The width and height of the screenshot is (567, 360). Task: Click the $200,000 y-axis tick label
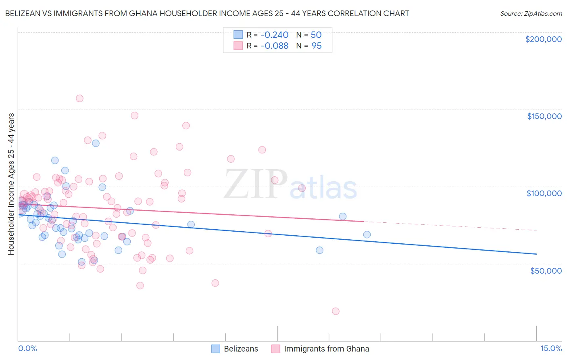click(543, 39)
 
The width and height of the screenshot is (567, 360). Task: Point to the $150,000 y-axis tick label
click(544, 116)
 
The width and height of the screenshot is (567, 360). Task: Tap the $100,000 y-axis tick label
click(544, 193)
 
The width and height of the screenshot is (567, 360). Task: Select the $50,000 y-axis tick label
click(546, 271)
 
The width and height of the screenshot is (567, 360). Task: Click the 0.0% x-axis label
click(27, 349)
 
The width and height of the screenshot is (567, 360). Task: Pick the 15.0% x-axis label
click(551, 349)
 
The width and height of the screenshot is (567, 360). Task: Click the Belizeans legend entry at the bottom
click(241, 349)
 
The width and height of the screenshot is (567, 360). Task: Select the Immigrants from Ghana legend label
click(326, 349)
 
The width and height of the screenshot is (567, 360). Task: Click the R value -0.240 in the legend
click(274, 35)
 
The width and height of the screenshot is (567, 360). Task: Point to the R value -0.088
click(274, 46)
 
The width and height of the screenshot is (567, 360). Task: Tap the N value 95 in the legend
click(317, 46)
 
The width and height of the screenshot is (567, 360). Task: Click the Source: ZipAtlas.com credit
click(531, 14)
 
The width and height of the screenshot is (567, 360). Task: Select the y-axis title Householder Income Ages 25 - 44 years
click(11, 184)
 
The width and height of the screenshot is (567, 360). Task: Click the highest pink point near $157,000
click(79, 98)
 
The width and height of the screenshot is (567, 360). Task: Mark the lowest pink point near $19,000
click(336, 311)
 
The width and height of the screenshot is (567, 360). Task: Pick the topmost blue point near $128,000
click(96, 143)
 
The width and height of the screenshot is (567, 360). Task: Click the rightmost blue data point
click(367, 234)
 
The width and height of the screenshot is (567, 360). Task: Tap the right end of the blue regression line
click(536, 254)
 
